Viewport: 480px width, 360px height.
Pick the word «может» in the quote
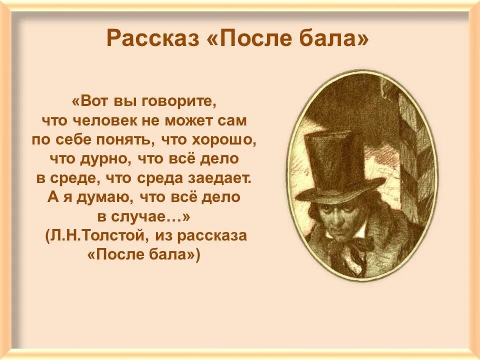(x=194, y=120)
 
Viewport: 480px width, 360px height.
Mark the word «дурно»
(x=98, y=159)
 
